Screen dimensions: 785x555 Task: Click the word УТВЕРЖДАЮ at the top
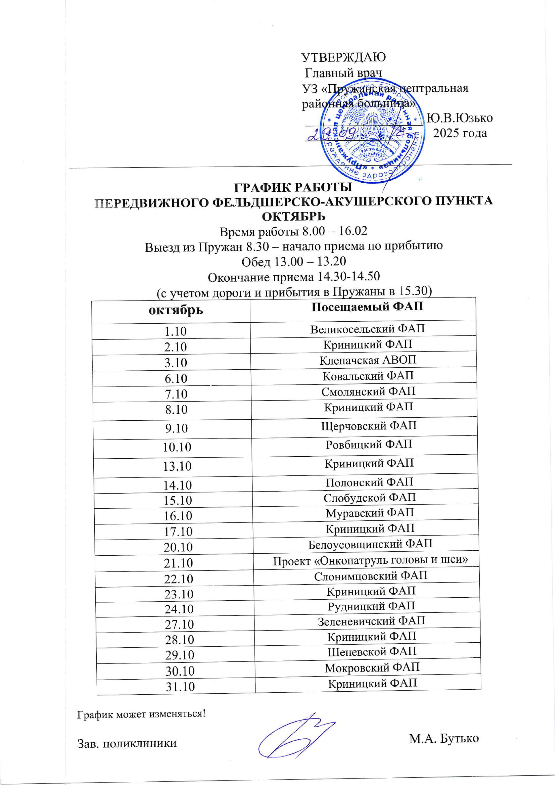click(344, 57)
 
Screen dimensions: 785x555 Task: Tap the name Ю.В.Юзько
click(460, 118)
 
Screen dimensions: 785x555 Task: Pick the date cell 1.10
click(176, 331)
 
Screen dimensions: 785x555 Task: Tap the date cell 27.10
click(179, 624)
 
